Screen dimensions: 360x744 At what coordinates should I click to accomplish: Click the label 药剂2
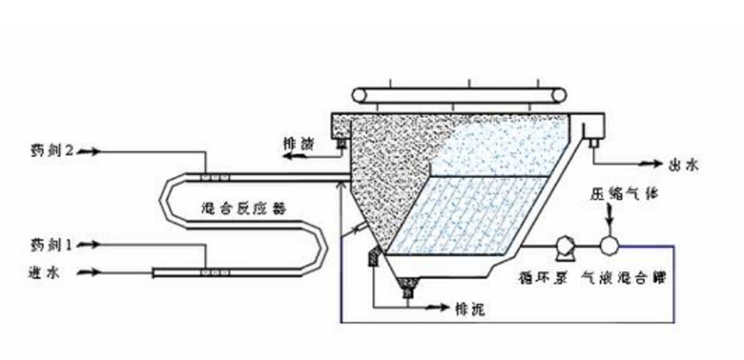pyautogui.click(x=49, y=152)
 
